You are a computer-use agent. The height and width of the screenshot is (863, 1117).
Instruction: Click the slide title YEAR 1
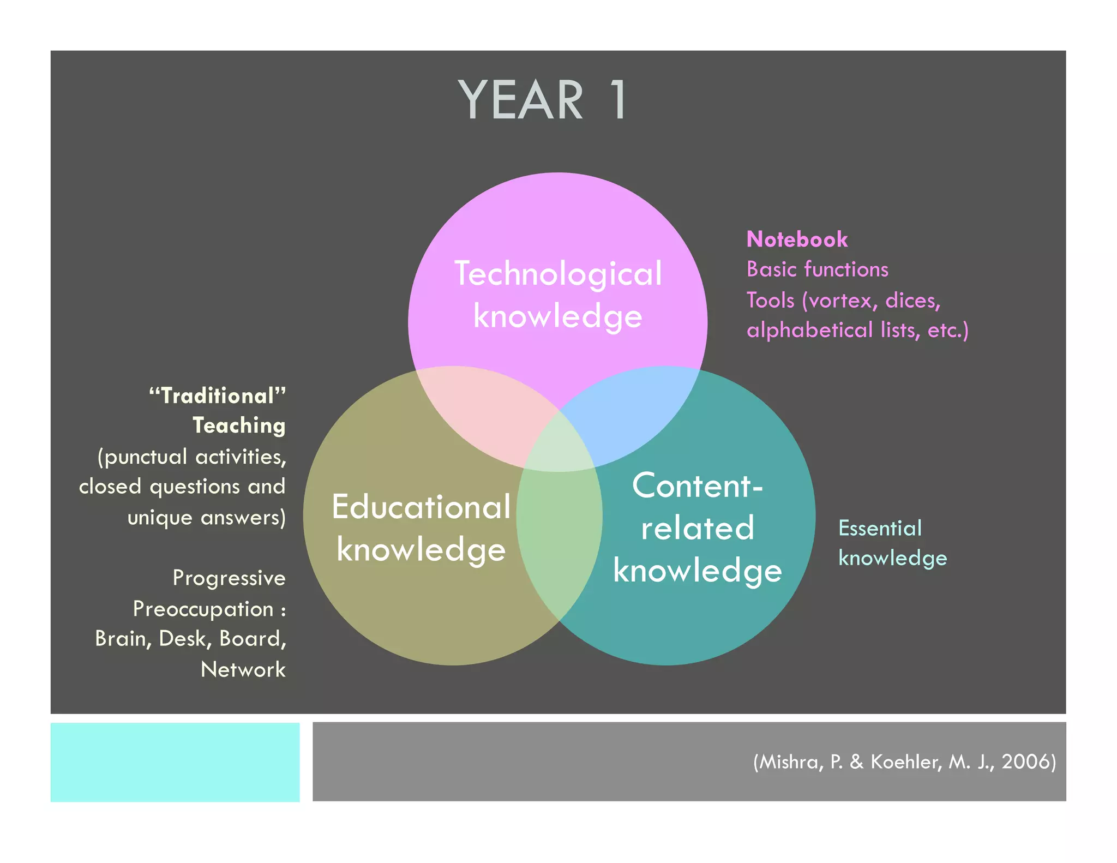[x=543, y=100]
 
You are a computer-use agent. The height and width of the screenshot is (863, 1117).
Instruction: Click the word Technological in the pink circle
[x=558, y=273]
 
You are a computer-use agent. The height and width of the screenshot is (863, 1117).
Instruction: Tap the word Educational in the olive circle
[x=421, y=507]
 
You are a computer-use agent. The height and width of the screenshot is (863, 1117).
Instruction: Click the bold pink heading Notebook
[x=797, y=239]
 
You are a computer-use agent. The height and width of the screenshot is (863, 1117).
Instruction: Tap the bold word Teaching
[x=239, y=426]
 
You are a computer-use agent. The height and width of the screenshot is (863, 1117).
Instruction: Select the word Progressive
[x=229, y=578]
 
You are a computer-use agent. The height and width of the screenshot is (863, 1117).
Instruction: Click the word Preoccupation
[x=203, y=609]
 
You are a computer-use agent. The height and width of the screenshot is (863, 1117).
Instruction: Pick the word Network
[x=243, y=669]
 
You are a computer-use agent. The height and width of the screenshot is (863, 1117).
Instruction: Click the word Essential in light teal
[x=880, y=528]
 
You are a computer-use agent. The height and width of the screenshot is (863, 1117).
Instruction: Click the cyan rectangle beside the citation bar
[x=175, y=762]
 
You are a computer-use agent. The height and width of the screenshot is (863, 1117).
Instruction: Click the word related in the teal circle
[x=697, y=528]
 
